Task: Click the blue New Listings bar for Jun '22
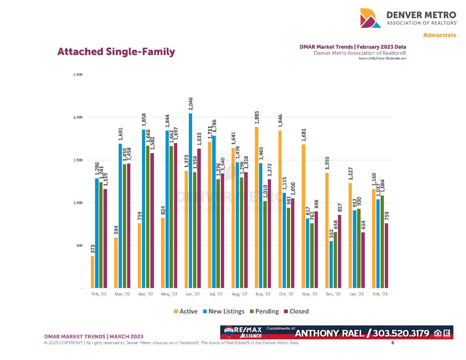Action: pyautogui.click(x=190, y=200)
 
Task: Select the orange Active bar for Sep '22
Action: pyautogui.click(x=256, y=207)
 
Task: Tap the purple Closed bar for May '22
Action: pyautogui.click(x=176, y=215)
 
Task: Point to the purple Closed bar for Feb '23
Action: pyautogui.click(x=386, y=255)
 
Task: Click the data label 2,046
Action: pyautogui.click(x=190, y=104)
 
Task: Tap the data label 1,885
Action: pyautogui.click(x=257, y=118)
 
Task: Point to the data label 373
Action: pyautogui.click(x=93, y=249)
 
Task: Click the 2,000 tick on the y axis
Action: pyautogui.click(x=78, y=117)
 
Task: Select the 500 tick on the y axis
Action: pyautogui.click(x=79, y=246)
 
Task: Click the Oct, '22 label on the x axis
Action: pyautogui.click(x=286, y=294)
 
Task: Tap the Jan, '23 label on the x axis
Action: pyautogui.click(x=356, y=294)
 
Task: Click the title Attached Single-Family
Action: pyautogui.click(x=116, y=52)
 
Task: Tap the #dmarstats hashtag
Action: pyautogui.click(x=439, y=35)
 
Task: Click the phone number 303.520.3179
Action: pyautogui.click(x=401, y=333)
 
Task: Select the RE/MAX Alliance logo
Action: pyautogui.click(x=243, y=332)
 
